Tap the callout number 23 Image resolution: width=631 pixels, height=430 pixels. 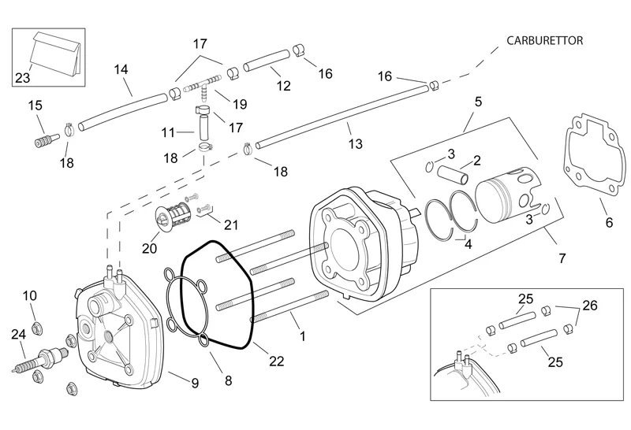click(x=23, y=77)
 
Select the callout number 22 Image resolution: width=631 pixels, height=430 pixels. click(x=276, y=361)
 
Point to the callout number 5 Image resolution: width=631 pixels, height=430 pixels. click(x=477, y=102)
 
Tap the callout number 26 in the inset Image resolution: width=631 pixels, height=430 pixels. click(x=589, y=305)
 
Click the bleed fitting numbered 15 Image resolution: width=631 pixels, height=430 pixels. click(x=43, y=142)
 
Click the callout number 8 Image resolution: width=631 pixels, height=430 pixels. click(x=228, y=380)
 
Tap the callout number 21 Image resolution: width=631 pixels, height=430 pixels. click(x=230, y=224)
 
